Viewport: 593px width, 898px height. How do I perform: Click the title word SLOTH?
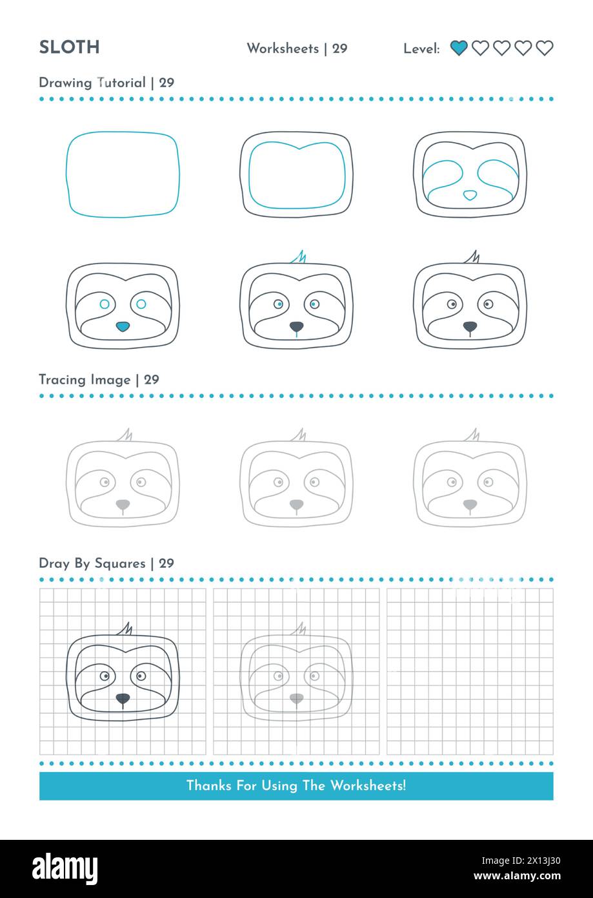pyautogui.click(x=69, y=47)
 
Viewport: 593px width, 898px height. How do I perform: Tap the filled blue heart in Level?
pyautogui.click(x=459, y=48)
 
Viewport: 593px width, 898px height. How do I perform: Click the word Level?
pyautogui.click(x=421, y=48)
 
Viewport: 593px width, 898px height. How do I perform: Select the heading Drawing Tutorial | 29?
pyautogui.click(x=106, y=83)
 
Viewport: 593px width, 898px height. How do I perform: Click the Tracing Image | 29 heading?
pyautogui.click(x=99, y=380)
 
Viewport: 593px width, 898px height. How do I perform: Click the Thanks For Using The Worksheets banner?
pyautogui.click(x=296, y=786)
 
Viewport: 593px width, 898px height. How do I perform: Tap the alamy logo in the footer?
pyautogui.click(x=65, y=868)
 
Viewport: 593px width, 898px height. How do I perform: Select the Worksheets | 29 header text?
pyautogui.click(x=297, y=48)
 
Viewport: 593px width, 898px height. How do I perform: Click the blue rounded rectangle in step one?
pyautogui.click(x=123, y=174)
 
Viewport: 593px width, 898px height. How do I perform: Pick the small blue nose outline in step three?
pyautogui.click(x=470, y=194)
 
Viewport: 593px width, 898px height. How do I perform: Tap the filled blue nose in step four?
pyautogui.click(x=123, y=326)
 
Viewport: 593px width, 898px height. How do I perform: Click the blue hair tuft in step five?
pyautogui.click(x=299, y=258)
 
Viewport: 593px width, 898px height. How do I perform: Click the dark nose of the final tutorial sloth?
pyautogui.click(x=470, y=326)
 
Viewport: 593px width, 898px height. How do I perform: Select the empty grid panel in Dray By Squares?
pyautogui.click(x=470, y=671)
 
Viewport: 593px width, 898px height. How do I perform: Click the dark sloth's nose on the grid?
pyautogui.click(x=123, y=698)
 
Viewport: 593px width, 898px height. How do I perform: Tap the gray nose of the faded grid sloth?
pyautogui.click(x=296, y=698)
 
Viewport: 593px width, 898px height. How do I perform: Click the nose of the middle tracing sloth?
pyautogui.click(x=296, y=503)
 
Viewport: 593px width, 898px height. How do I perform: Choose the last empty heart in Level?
pyautogui.click(x=545, y=48)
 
